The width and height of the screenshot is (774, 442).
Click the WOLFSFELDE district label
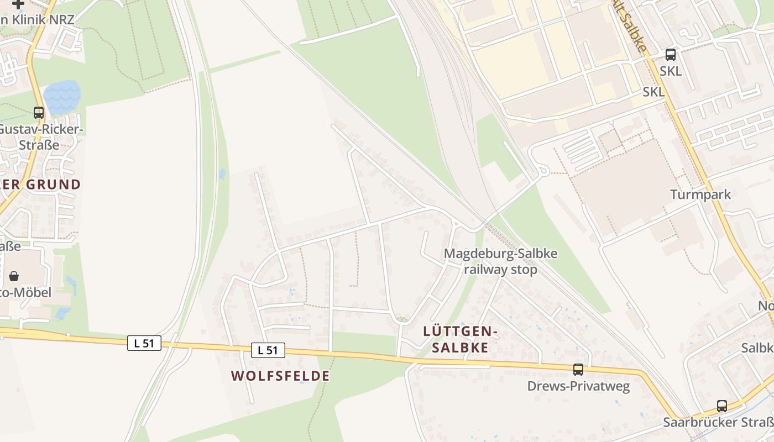pyautogui.click(x=280, y=376)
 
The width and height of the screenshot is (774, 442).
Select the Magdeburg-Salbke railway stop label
pyautogui.click(x=500, y=262)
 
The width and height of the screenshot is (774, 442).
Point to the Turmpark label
pyautogui.click(x=700, y=194)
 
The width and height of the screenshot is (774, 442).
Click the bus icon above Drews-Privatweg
pyautogui.click(x=578, y=370)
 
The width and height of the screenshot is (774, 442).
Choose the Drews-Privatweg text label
pyautogui.click(x=578, y=386)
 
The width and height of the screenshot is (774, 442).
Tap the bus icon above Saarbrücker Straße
pyautogui.click(x=721, y=406)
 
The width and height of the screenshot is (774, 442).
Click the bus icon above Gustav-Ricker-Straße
pyautogui.click(x=39, y=113)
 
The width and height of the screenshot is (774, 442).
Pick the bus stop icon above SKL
pyautogui.click(x=671, y=55)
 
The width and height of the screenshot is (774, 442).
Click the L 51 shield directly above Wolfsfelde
pyautogui.click(x=268, y=350)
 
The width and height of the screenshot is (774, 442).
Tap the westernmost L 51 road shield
pyautogui.click(x=144, y=343)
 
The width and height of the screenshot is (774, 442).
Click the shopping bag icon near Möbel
pyautogui.click(x=14, y=276)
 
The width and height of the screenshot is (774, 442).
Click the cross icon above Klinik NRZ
pyautogui.click(x=18, y=4)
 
